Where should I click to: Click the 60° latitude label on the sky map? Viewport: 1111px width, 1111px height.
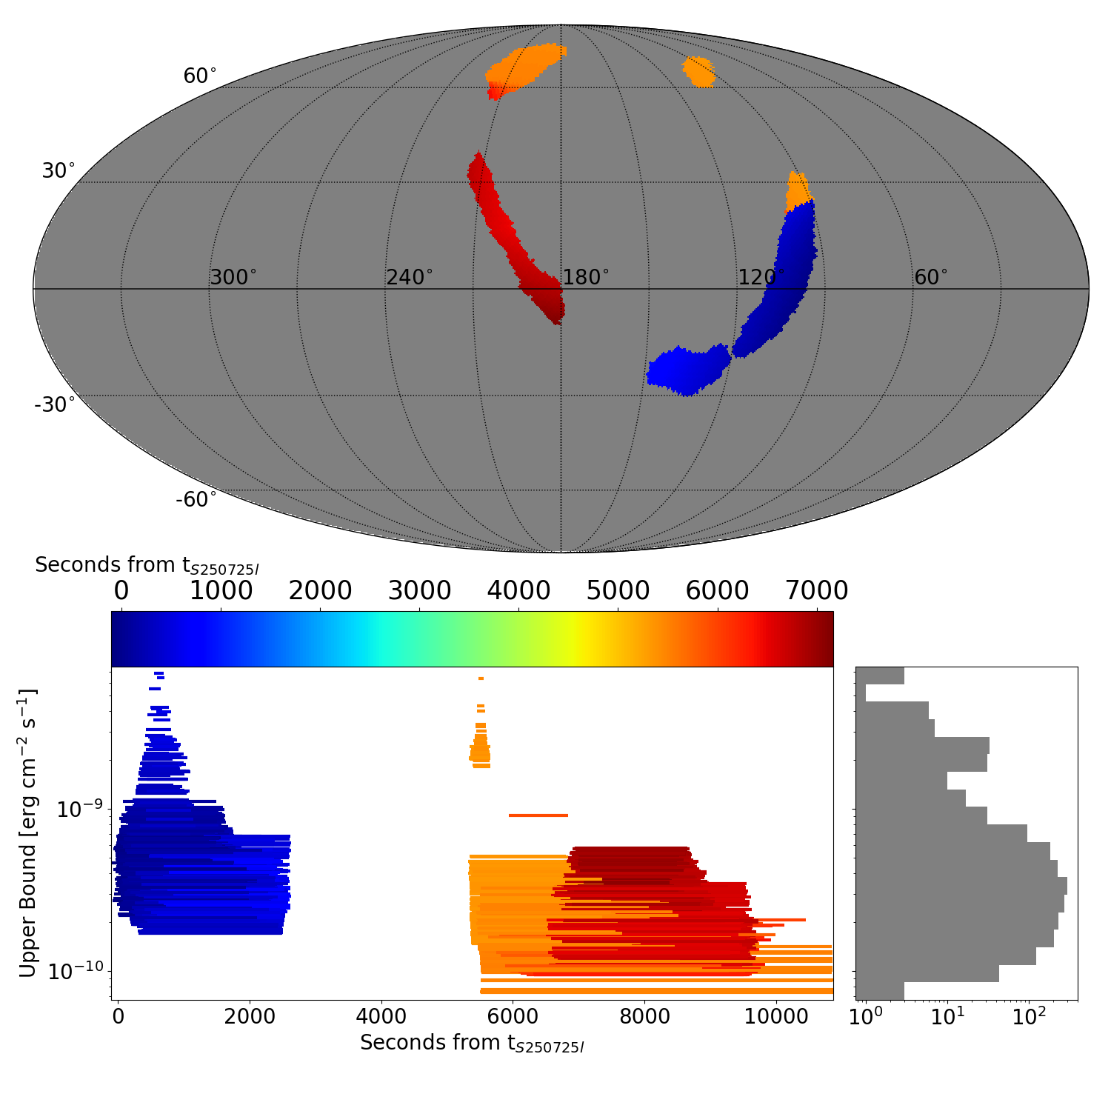coord(200,76)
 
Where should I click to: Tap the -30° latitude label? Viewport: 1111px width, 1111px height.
coord(55,405)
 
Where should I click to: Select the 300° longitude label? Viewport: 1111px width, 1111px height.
coord(233,278)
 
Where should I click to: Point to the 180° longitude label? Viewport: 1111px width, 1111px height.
coord(586,278)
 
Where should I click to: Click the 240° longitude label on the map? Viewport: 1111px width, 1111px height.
coord(410,278)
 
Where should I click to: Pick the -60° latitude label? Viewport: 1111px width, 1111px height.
coord(196,500)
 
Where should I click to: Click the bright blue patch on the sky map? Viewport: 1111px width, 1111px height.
coord(685,369)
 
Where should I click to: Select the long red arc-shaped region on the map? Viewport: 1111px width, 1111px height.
coord(511,237)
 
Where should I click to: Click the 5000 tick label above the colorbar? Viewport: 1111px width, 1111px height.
coord(618,591)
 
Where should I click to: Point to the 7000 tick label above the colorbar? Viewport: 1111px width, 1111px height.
coord(816,591)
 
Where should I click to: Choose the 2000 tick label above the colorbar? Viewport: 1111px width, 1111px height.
coord(320,591)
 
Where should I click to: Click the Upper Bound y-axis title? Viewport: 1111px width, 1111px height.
coord(28,833)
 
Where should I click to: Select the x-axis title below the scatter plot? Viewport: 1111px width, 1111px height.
coord(472,1044)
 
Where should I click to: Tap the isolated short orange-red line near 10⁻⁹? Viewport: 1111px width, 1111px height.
coord(538,815)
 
